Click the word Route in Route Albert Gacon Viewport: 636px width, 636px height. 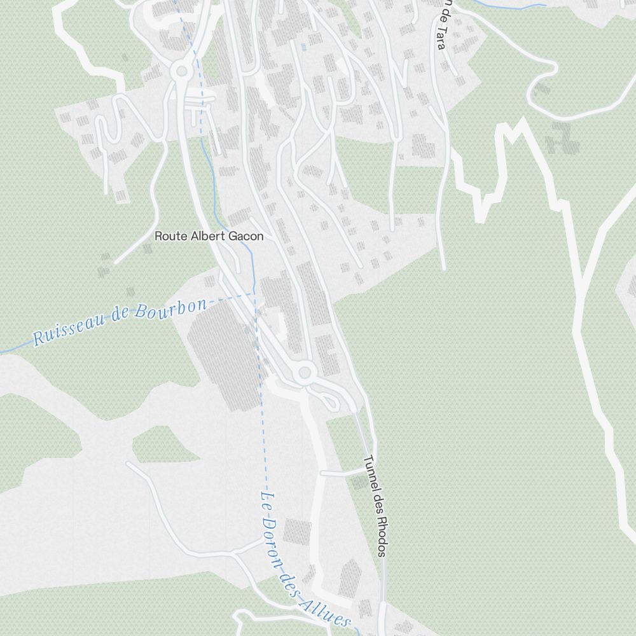point(169,236)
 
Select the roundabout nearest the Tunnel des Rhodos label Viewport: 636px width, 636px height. point(305,372)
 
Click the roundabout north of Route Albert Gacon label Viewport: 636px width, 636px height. point(181,70)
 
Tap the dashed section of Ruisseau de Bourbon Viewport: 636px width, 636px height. point(232,296)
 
